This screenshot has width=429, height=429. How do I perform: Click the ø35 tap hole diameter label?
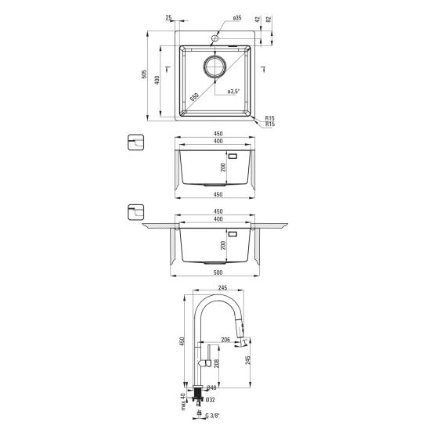[237, 18]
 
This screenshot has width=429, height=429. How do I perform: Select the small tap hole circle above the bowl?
[215, 38]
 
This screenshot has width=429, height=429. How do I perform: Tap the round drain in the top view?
[214, 66]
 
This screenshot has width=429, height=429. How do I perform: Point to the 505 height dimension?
[144, 74]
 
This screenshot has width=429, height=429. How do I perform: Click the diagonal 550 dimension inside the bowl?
[194, 97]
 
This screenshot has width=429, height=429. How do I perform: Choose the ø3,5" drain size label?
[233, 92]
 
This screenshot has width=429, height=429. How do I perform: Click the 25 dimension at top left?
[168, 17]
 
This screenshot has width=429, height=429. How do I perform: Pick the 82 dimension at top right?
[269, 20]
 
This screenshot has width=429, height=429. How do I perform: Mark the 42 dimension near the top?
[258, 20]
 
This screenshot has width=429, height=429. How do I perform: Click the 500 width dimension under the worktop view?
[218, 272]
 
